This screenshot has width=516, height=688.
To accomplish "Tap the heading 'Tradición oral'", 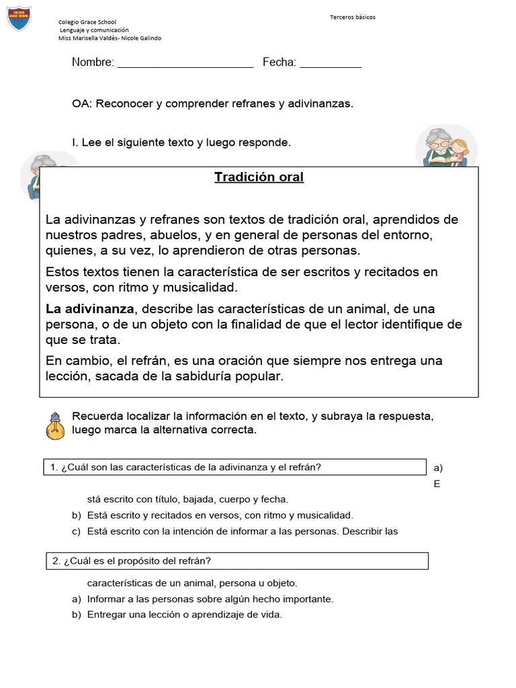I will (259, 177).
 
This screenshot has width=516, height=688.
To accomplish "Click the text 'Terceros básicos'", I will (353, 17).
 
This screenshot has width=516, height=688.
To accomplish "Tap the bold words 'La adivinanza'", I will (90, 309).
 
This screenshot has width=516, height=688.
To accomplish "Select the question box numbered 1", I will (235, 468).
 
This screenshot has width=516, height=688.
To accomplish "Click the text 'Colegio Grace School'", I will (87, 22).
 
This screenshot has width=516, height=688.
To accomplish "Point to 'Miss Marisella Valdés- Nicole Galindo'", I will (110, 38).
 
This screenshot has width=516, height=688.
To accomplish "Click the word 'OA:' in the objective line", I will (84, 103).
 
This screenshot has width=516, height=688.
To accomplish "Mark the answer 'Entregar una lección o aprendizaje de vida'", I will (185, 614).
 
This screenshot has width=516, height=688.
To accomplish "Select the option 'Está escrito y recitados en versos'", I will (220, 515).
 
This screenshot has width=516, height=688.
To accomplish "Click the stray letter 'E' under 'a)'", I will (437, 484).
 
